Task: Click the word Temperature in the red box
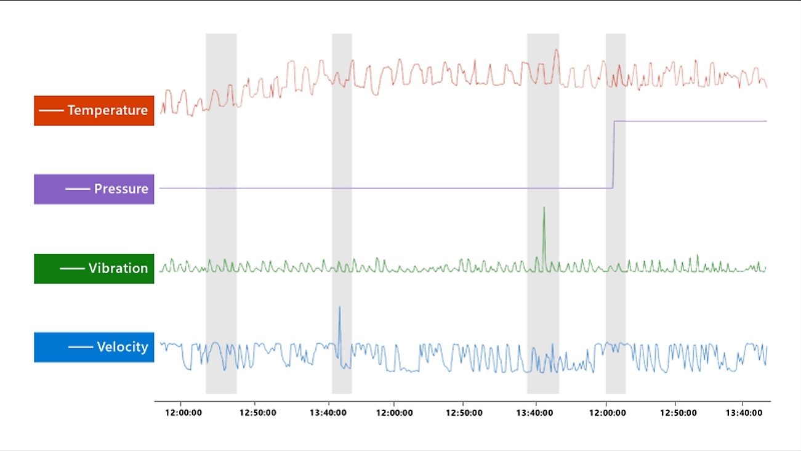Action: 108,110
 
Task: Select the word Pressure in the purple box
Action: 121,189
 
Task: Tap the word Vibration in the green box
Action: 118,268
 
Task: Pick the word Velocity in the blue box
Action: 123,347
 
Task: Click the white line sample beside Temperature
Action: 51,110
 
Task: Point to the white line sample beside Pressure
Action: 78,189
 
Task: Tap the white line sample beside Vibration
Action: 72,268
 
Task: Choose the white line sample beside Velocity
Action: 80,347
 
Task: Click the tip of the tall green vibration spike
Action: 544,208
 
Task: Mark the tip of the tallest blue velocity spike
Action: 339,306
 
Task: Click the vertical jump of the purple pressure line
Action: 613,154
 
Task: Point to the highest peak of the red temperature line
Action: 556,50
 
